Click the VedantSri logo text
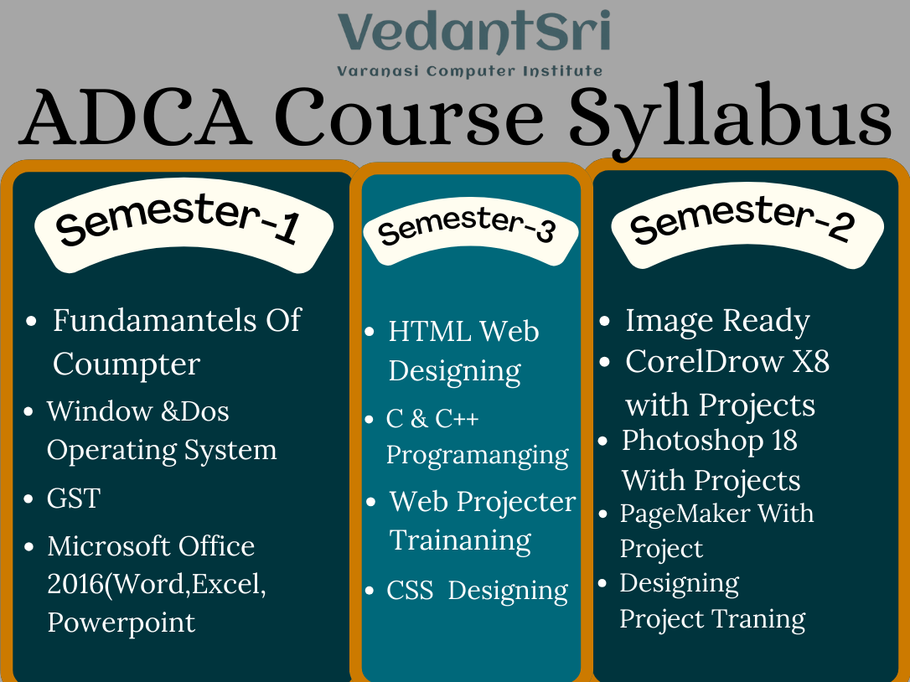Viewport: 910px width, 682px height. [473, 34]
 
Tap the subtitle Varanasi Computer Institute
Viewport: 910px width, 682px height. [469, 71]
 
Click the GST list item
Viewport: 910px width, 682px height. [74, 499]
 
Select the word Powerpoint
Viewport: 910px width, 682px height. [122, 623]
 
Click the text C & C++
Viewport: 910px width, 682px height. [432, 418]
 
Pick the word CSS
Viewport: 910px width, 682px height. [410, 590]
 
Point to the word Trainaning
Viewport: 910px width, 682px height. [461, 540]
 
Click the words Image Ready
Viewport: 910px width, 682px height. [717, 320]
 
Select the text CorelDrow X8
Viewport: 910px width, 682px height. [727, 361]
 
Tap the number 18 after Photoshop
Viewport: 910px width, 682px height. [784, 440]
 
